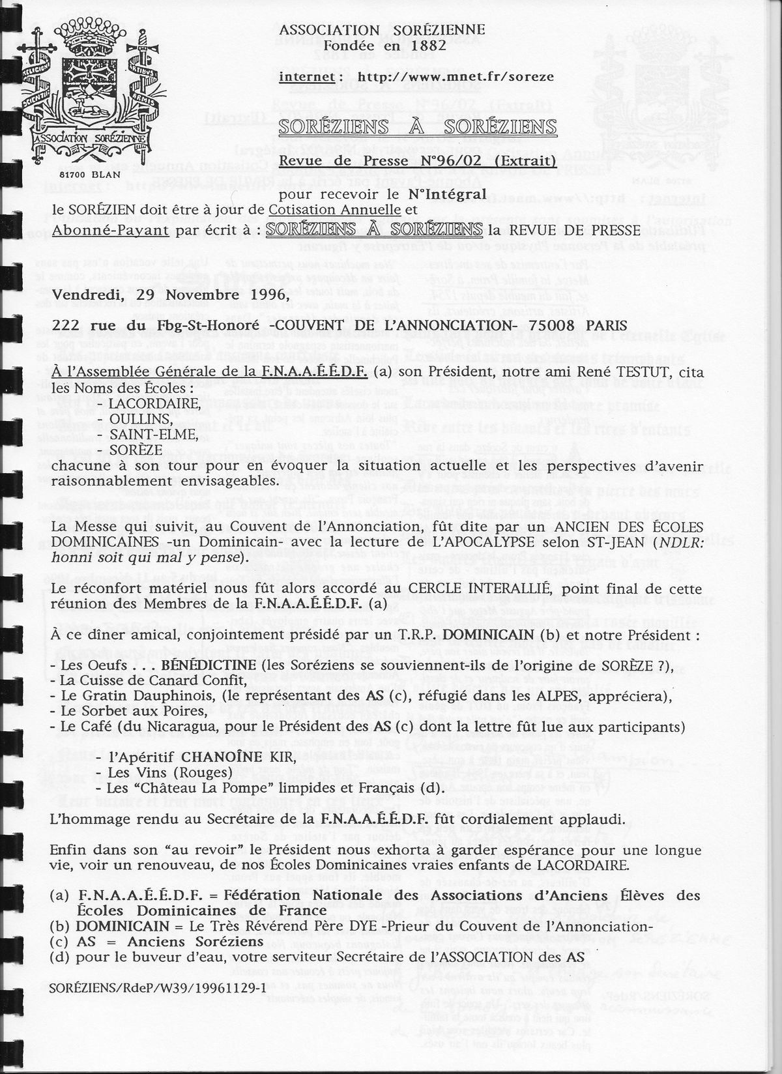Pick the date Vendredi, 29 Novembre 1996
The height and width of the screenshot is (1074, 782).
[x=170, y=294]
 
